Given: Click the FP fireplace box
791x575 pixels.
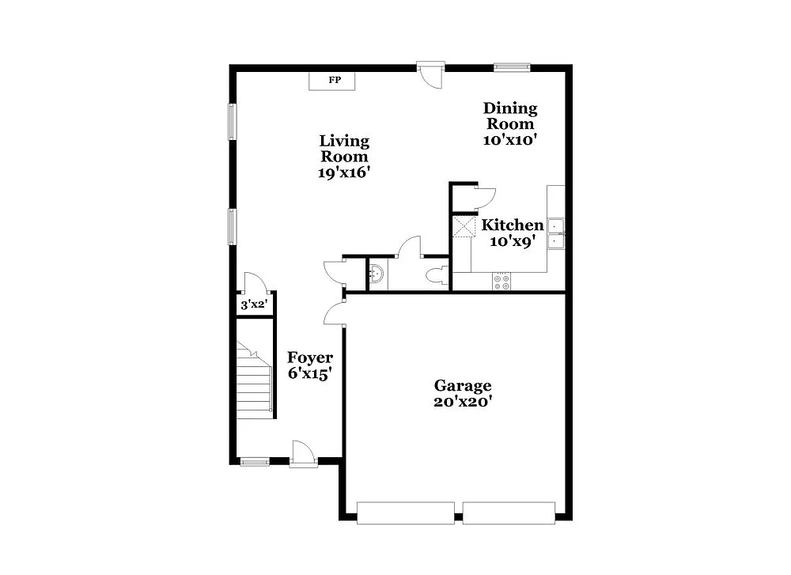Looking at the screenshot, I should point(332,81).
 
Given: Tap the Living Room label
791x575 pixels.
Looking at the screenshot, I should point(344,157).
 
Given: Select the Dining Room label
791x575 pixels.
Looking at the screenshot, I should point(510,123).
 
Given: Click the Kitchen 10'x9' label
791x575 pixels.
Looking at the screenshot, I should point(513,233).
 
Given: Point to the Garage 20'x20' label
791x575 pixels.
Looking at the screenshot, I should point(463,393).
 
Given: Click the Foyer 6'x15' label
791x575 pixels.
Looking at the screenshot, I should point(309,365).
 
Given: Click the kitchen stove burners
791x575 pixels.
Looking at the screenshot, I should point(501,282).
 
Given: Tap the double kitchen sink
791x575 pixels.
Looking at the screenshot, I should point(557,233).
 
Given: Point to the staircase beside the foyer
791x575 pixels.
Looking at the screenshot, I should point(255,380).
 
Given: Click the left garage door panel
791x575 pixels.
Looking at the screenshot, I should point(406,513).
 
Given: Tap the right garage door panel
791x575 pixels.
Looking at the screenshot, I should point(509,513).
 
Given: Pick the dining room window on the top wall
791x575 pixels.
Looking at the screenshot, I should point(512,67).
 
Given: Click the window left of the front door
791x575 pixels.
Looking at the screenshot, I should point(255,461).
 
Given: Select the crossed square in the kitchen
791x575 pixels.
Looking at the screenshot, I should point(462,226).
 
